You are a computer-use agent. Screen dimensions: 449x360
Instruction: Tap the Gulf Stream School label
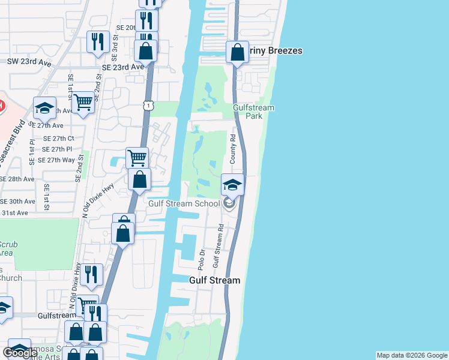point(184,203)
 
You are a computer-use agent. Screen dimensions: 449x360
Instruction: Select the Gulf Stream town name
point(215,280)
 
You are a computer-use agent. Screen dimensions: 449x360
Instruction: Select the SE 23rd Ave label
point(123,67)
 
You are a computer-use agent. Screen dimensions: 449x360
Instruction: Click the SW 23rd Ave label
point(29,61)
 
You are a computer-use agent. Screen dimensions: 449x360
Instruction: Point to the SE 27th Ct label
point(58,137)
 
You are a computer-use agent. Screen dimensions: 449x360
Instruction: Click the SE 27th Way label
point(56,160)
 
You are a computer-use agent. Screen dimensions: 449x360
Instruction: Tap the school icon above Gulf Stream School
point(232,185)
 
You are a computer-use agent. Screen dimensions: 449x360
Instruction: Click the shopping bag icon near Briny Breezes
point(238,52)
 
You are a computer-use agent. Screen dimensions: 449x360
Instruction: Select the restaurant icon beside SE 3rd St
point(97,41)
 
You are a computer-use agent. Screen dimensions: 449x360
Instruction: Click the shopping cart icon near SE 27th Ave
point(83,103)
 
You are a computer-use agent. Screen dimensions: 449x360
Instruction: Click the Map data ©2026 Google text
point(412,355)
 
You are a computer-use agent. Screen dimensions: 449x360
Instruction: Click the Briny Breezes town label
point(276,51)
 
